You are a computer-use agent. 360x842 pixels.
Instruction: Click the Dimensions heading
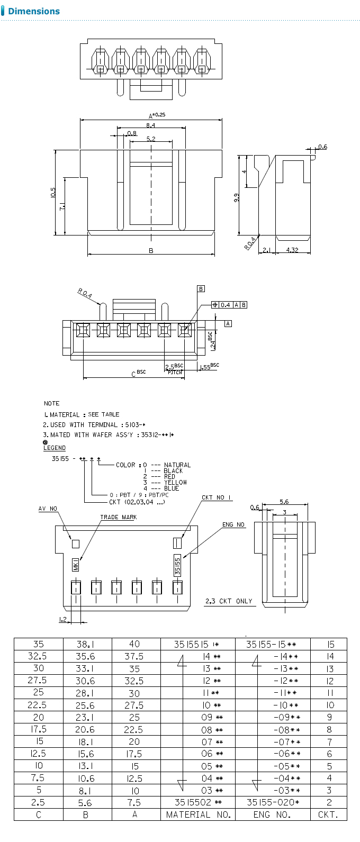tap(34, 11)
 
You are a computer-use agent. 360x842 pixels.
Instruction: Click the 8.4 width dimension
tap(150, 125)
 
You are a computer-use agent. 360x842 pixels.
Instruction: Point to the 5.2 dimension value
tap(150, 139)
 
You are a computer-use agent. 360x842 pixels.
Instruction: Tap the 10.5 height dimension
tap(53, 192)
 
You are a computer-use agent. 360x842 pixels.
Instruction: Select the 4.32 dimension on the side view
tap(292, 250)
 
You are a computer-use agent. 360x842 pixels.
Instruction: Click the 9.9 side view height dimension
tap(237, 197)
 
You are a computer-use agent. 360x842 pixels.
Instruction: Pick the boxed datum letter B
tap(201, 289)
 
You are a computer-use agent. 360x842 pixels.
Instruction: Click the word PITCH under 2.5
tap(175, 372)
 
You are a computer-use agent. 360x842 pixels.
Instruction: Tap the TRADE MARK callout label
tap(118, 517)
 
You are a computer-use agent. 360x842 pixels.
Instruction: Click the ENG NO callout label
tap(233, 524)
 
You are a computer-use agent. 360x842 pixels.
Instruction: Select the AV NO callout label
tap(48, 509)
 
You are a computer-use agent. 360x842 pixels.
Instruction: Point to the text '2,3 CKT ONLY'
tap(229, 601)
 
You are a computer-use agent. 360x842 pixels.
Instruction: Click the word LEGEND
tap(55, 448)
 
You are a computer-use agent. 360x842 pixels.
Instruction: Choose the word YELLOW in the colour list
tap(175, 482)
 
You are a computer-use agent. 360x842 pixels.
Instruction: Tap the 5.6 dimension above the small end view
tap(284, 501)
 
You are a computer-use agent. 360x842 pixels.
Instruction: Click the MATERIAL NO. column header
tap(199, 814)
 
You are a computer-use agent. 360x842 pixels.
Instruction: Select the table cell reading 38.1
tap(86, 644)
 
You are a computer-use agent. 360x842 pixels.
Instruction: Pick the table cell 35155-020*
tap(273, 802)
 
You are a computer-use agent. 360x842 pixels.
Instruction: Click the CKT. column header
tap(328, 814)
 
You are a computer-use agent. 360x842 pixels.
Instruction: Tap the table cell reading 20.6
tap(86, 729)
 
